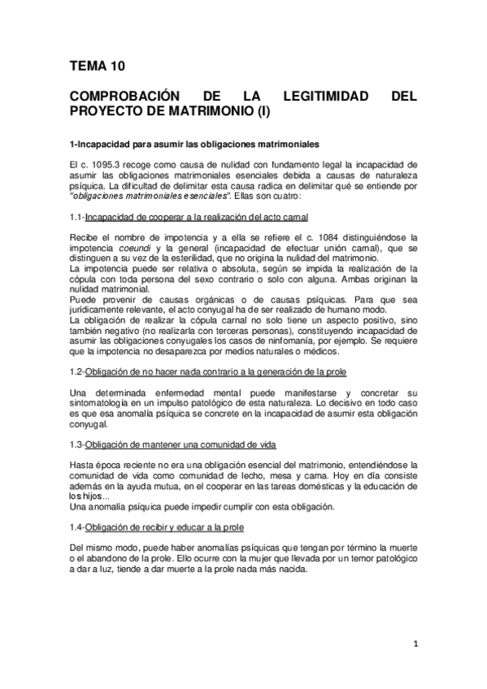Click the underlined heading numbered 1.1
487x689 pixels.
[x=196, y=216]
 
